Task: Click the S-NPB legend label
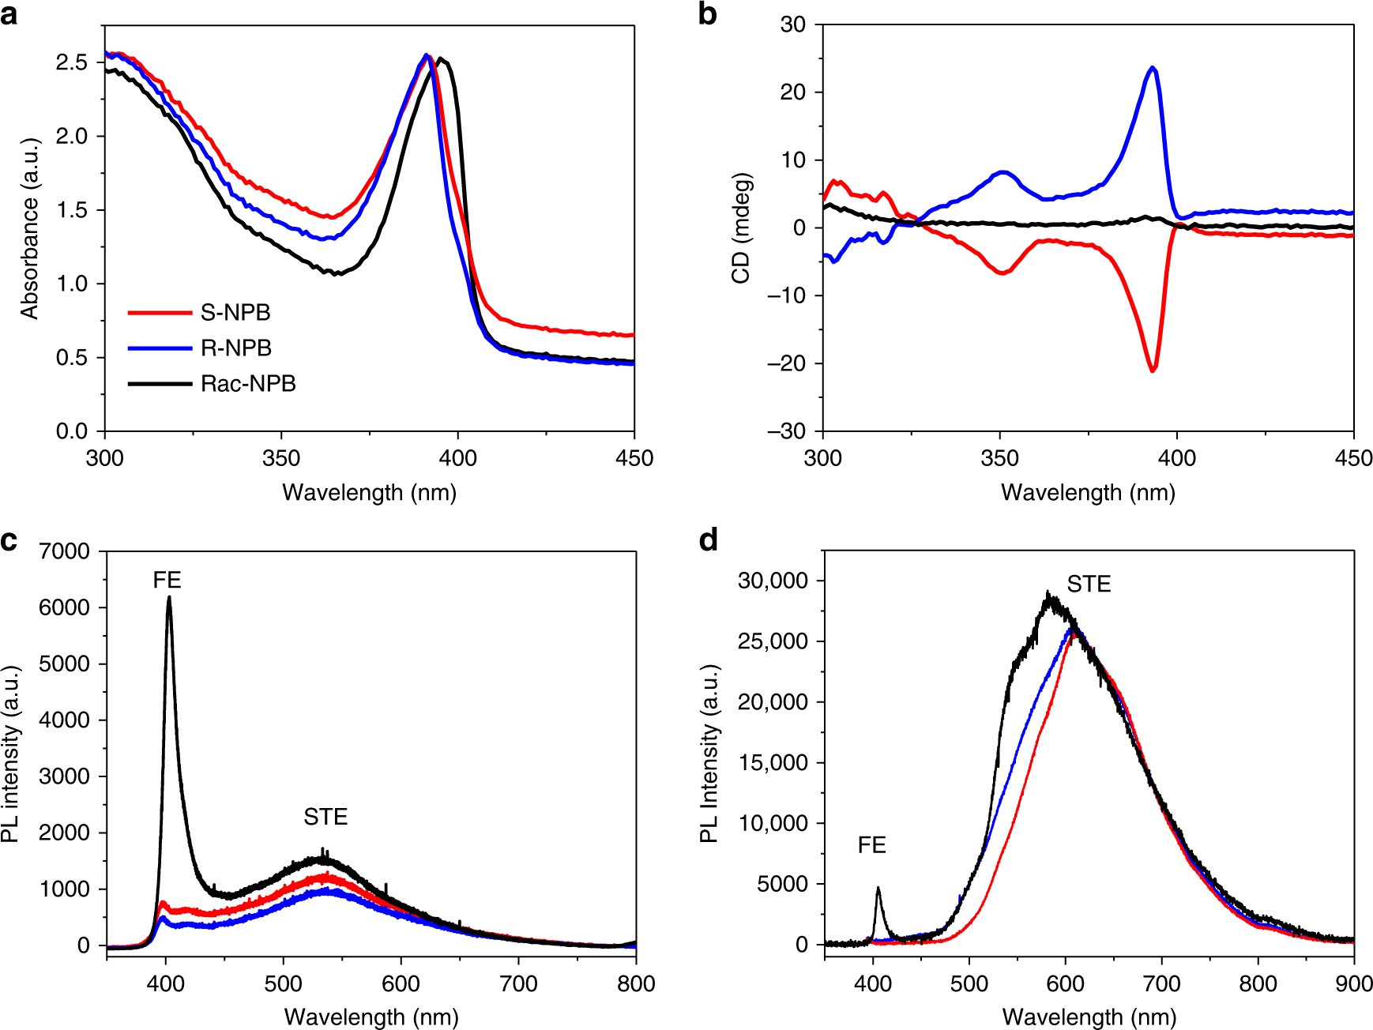[235, 313]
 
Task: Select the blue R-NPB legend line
[160, 348]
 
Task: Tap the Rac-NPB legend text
[248, 384]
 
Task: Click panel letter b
[707, 14]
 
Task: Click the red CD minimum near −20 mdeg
[1153, 370]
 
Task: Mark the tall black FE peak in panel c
[169, 599]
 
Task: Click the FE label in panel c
[167, 581]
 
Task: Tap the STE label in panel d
[1089, 585]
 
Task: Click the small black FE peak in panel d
[878, 889]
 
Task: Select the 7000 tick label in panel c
[65, 551]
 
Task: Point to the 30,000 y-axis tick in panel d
[773, 581]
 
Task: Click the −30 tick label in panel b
[786, 431]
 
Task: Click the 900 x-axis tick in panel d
[1354, 983]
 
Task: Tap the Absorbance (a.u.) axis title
[30, 229]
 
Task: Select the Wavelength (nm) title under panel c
[371, 1017]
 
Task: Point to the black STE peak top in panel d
[1049, 595]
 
